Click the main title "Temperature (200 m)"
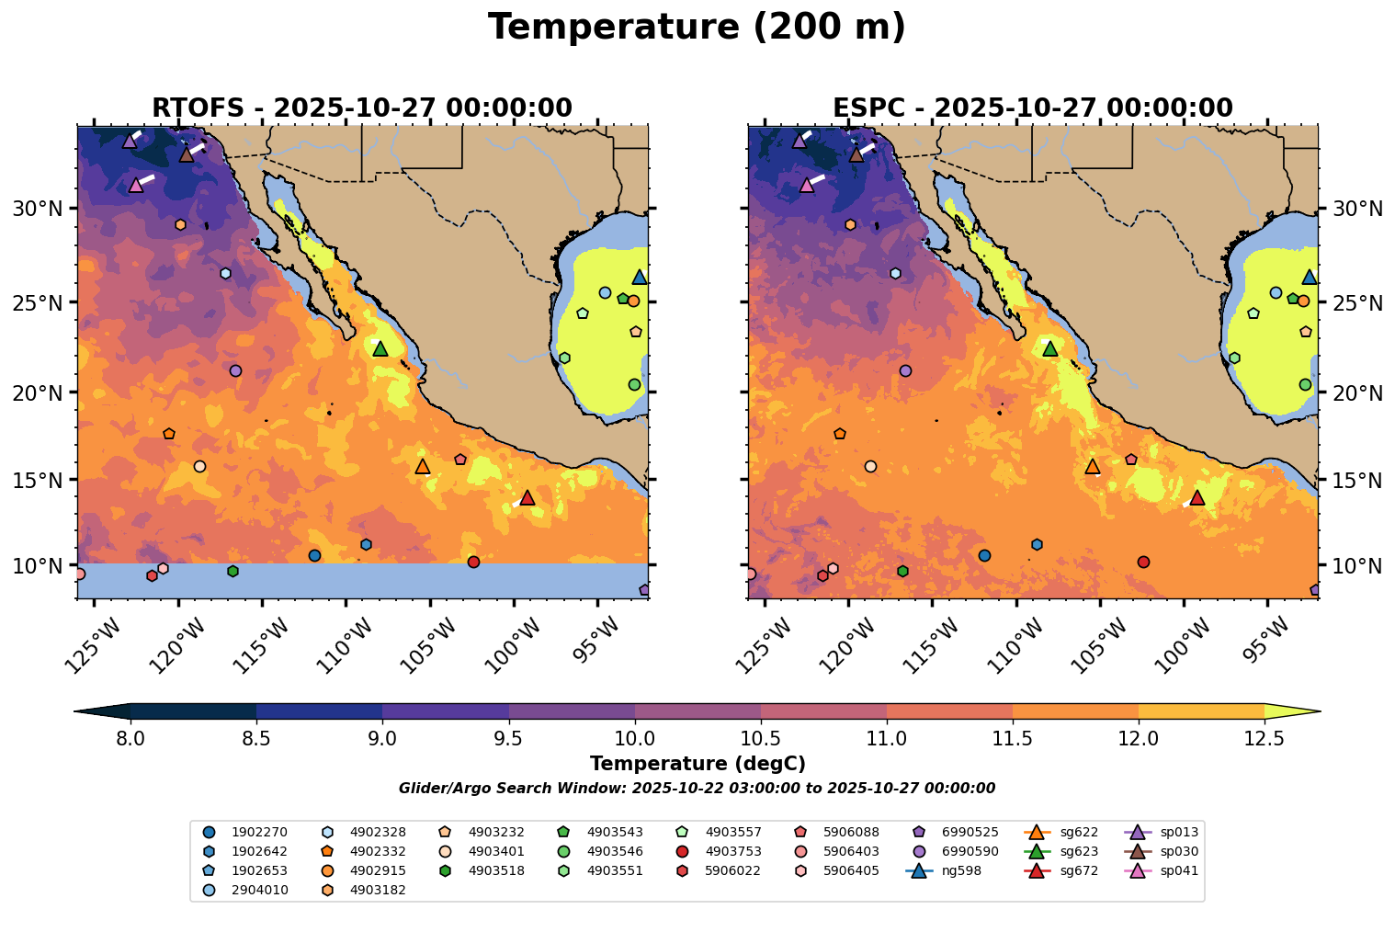(x=697, y=28)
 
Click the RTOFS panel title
(x=362, y=108)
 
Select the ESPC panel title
(x=1032, y=108)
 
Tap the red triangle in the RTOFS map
(x=527, y=497)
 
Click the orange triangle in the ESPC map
(x=1093, y=466)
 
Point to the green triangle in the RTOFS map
(x=380, y=348)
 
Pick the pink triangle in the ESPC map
(x=807, y=185)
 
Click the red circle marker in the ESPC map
(x=1143, y=562)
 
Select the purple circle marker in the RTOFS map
(x=235, y=370)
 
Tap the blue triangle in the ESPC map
(x=1310, y=277)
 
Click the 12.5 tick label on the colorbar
(x=1264, y=738)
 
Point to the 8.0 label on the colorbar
(x=130, y=738)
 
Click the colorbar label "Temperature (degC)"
(x=697, y=764)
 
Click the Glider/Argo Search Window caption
(x=697, y=789)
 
